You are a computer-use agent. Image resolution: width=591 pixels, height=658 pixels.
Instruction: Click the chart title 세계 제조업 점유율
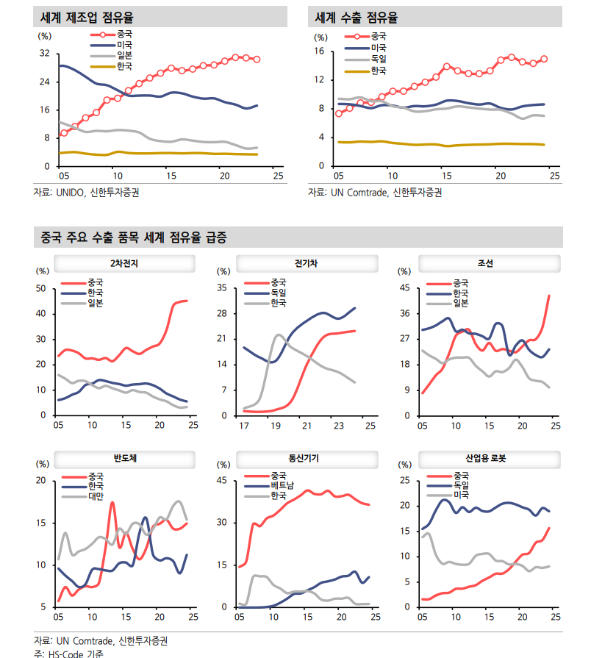[x=82, y=17]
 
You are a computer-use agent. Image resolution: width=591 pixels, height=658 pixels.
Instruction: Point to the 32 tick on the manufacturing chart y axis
[x=44, y=54]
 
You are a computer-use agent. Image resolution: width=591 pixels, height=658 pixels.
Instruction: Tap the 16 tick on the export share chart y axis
[x=320, y=51]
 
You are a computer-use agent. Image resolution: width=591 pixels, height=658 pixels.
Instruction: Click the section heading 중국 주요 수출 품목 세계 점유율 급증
[x=133, y=238]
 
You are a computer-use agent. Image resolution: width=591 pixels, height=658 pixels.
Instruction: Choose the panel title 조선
[x=485, y=264]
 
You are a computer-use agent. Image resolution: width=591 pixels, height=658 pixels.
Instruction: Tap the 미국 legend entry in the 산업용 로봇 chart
[x=462, y=496]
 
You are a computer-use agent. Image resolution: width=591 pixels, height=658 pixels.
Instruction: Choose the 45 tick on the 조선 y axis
[x=405, y=288]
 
